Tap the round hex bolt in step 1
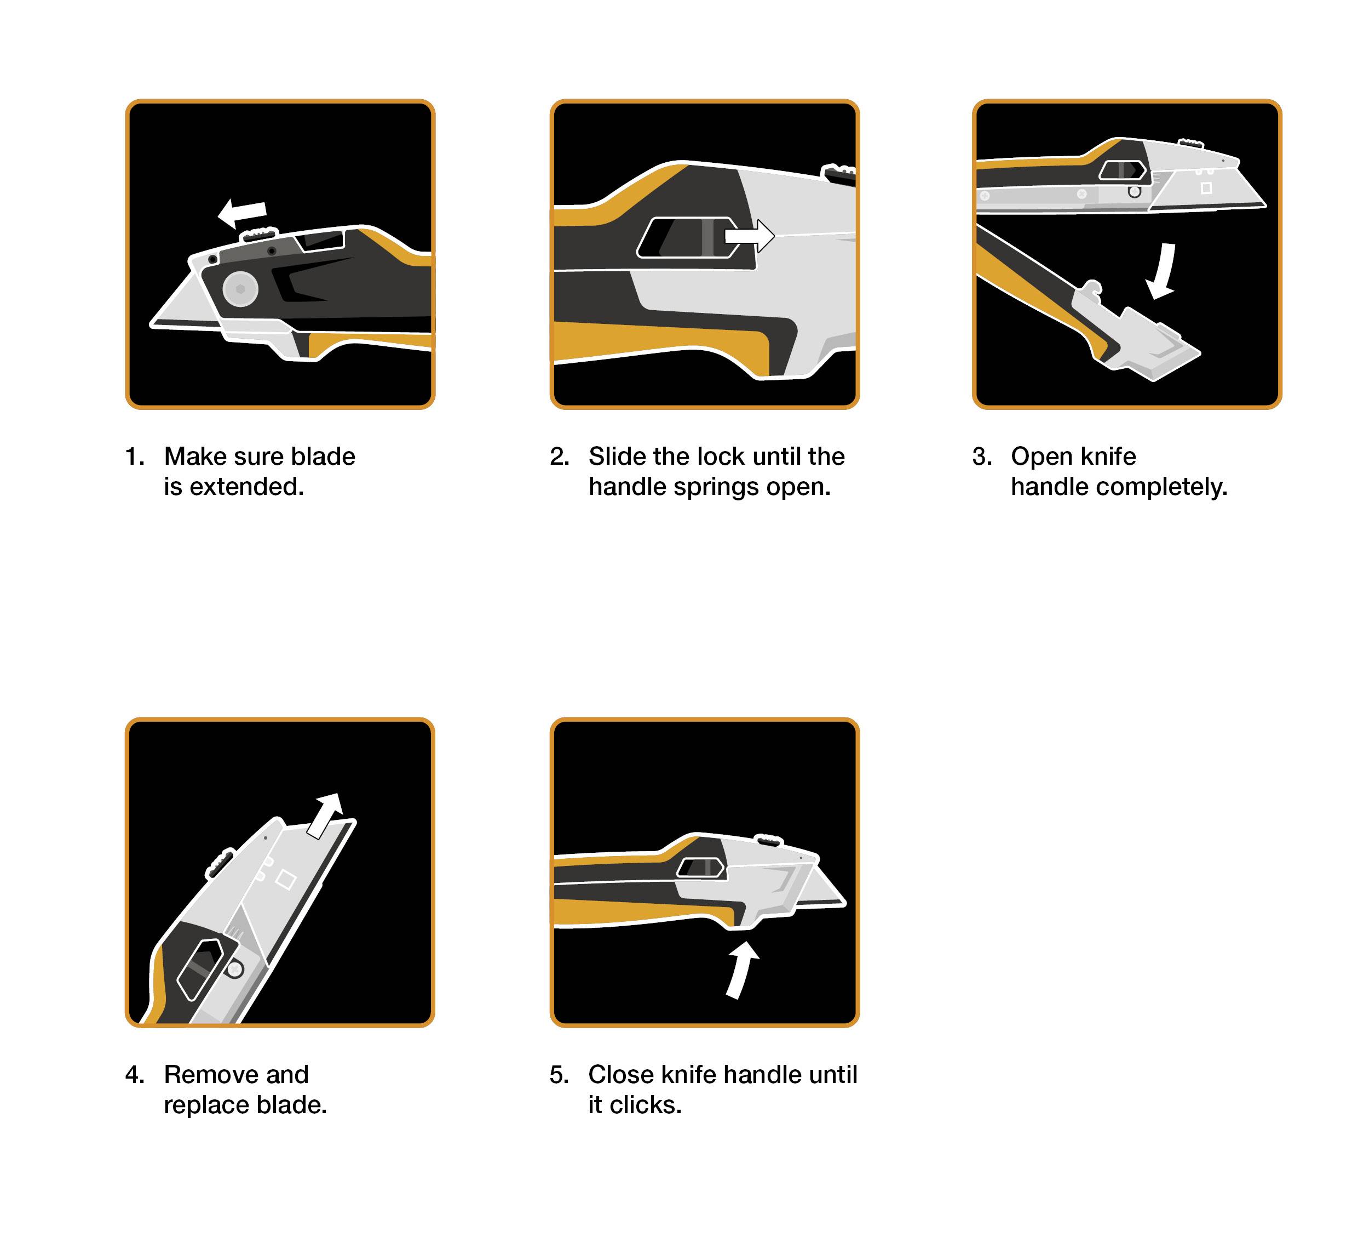240,289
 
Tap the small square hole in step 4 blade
286,880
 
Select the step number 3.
980,457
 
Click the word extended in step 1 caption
246,487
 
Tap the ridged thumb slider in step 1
260,234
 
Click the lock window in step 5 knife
700,868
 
